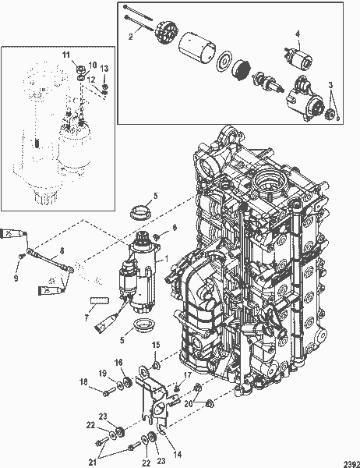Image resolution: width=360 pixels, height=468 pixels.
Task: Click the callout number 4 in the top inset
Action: coord(298,32)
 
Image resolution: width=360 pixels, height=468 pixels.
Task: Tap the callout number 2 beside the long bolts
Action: coord(131,36)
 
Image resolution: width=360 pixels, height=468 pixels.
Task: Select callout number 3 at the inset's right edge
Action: coord(330,83)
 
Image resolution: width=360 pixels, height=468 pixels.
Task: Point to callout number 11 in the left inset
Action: coord(66,53)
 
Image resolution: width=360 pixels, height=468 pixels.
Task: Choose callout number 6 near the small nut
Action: coord(175,227)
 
